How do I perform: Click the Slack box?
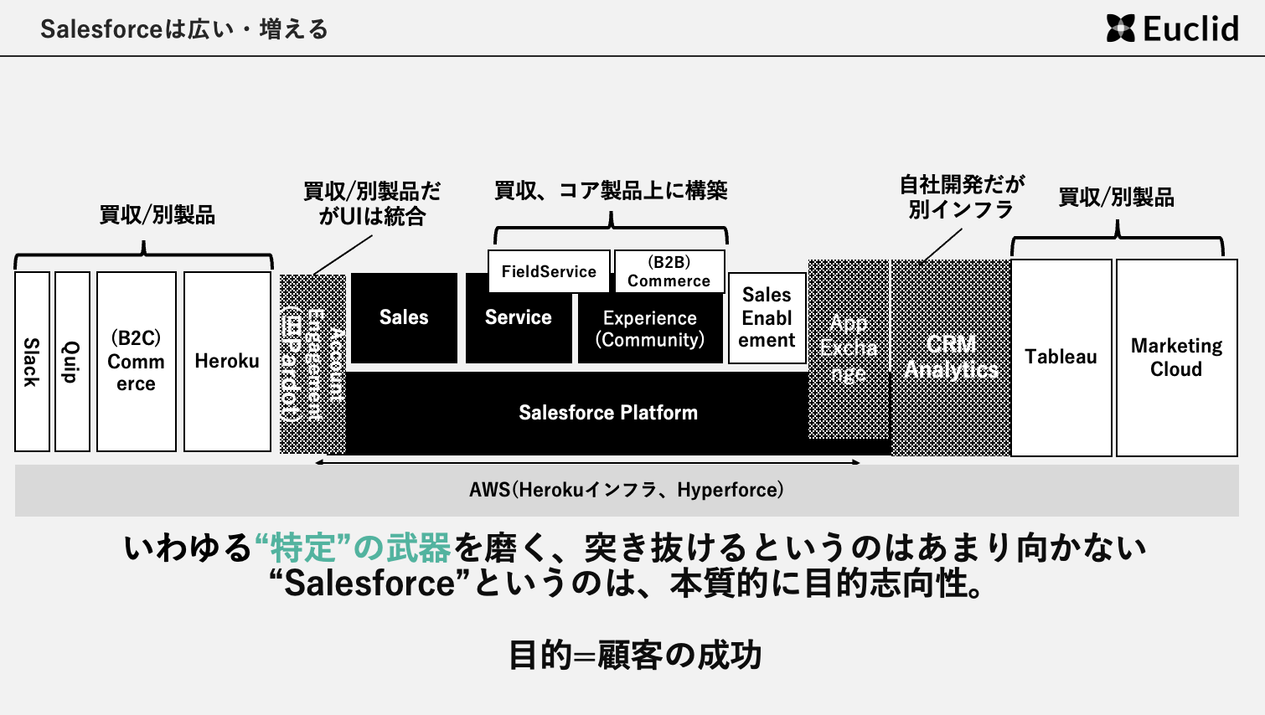click(32, 362)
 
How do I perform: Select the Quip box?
click(72, 362)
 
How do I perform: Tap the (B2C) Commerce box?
click(137, 362)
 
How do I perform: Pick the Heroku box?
click(227, 362)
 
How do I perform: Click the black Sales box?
click(404, 317)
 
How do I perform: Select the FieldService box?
click(549, 271)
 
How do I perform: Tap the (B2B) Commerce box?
click(669, 271)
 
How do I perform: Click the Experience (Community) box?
click(650, 329)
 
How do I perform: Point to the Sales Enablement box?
click(767, 318)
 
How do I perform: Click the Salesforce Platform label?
click(608, 413)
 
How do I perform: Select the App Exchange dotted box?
click(848, 348)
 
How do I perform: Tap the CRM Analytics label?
click(951, 357)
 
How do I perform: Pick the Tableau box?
click(1061, 357)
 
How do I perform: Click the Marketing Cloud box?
click(1176, 357)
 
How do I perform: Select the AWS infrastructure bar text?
click(627, 490)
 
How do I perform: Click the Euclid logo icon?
click(1120, 28)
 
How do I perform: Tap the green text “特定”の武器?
click(353, 548)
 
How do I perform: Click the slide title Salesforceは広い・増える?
click(184, 29)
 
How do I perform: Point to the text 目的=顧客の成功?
click(634, 655)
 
